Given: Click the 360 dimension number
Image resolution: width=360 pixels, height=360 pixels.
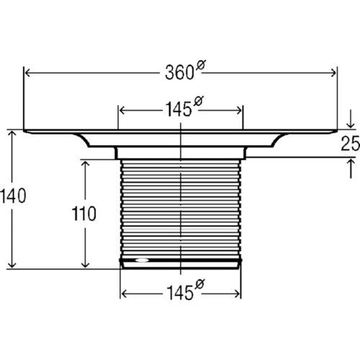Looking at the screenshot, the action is [179, 73].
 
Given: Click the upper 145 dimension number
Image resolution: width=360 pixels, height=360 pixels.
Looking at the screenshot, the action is [179, 109].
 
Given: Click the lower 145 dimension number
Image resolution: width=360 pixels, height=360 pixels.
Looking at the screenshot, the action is [180, 292].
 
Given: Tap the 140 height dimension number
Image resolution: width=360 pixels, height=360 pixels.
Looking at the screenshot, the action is [13, 196].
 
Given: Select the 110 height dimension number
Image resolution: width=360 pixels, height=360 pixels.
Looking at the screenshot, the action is [84, 214].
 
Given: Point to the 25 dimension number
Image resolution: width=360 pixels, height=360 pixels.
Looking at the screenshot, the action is [351, 143].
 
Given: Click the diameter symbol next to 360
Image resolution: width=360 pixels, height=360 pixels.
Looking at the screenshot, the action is [201, 65].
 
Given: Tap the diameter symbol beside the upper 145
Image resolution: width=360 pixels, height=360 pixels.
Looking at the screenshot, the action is [198, 101].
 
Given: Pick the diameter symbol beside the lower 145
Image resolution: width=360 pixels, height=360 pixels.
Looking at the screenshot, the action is [199, 284].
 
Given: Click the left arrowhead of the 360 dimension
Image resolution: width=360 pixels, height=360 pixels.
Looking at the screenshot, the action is [27, 73].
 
